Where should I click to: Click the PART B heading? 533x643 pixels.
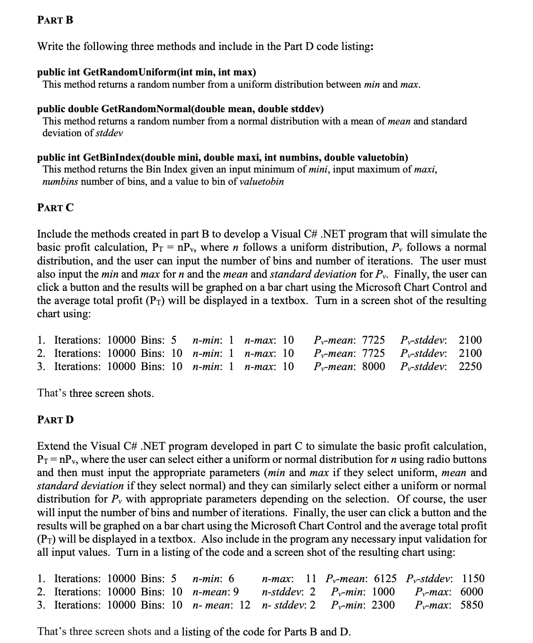[x=55, y=20]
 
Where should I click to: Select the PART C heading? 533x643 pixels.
[x=55, y=207]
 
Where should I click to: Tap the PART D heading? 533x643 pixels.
[x=55, y=420]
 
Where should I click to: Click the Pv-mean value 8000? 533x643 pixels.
[x=373, y=366]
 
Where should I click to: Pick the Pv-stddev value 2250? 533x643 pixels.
[x=470, y=366]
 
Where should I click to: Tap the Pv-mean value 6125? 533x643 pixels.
[x=385, y=578]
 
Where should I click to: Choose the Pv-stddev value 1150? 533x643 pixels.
[x=473, y=578]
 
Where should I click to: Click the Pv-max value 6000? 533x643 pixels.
[x=471, y=592]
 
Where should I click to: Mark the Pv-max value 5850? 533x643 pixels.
[x=471, y=605]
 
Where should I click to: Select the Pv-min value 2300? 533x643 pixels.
[x=383, y=605]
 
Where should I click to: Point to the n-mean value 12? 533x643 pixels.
[x=245, y=605]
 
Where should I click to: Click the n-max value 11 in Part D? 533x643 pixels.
[x=311, y=578]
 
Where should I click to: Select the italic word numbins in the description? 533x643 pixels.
[x=60, y=182]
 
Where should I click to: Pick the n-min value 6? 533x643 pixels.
[x=231, y=578]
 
